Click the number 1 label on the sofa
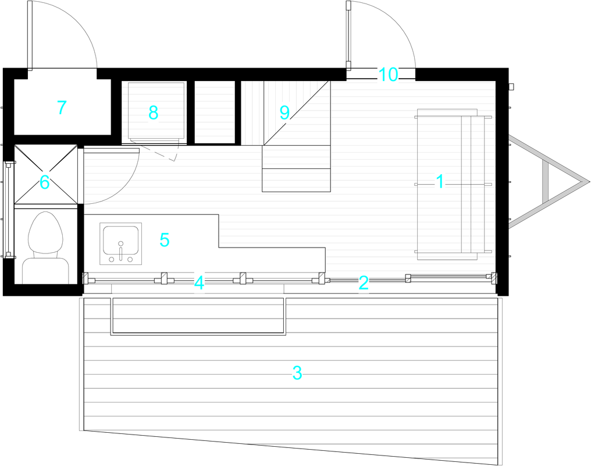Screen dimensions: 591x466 pyautogui.click(x=440, y=182)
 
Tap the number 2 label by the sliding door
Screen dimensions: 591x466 pyautogui.click(x=364, y=283)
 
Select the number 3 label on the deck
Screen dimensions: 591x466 pyautogui.click(x=297, y=373)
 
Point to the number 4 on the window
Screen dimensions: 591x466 pyautogui.click(x=199, y=283)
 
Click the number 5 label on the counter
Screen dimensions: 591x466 pyautogui.click(x=165, y=240)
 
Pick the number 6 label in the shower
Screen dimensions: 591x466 pyautogui.click(x=44, y=183)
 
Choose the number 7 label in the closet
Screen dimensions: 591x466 pyautogui.click(x=62, y=108)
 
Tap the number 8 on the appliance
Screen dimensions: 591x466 pyautogui.click(x=153, y=113)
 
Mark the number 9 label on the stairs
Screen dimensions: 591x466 pyautogui.click(x=284, y=112)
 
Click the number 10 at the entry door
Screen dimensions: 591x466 pyautogui.click(x=388, y=75)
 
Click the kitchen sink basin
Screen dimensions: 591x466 pyautogui.click(x=120, y=241)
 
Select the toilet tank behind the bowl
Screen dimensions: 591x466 pyautogui.click(x=45, y=270)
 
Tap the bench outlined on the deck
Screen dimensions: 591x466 pyautogui.click(x=198, y=316)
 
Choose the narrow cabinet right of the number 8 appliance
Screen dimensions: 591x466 pyautogui.click(x=215, y=112)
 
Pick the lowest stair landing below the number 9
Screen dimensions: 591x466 pyautogui.click(x=296, y=181)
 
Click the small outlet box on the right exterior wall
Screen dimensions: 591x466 pyautogui.click(x=511, y=87)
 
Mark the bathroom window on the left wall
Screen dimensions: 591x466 pyautogui.click(x=8, y=210)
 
